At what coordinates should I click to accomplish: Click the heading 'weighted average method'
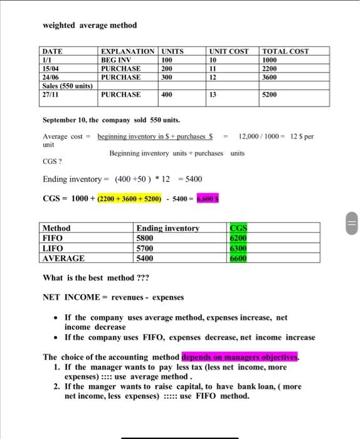pos(89,25)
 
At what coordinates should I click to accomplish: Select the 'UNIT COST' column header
pos(229,51)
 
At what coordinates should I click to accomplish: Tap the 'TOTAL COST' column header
pos(285,51)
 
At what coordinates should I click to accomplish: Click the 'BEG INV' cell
pos(117,60)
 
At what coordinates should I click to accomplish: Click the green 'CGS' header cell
pos(239,228)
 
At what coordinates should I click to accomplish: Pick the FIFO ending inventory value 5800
pos(146,238)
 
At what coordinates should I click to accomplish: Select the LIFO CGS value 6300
pos(239,248)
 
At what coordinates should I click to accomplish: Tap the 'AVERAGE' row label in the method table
pos(63,258)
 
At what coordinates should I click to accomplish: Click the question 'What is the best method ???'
pos(96,278)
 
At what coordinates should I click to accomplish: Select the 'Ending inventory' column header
pos(167,228)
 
